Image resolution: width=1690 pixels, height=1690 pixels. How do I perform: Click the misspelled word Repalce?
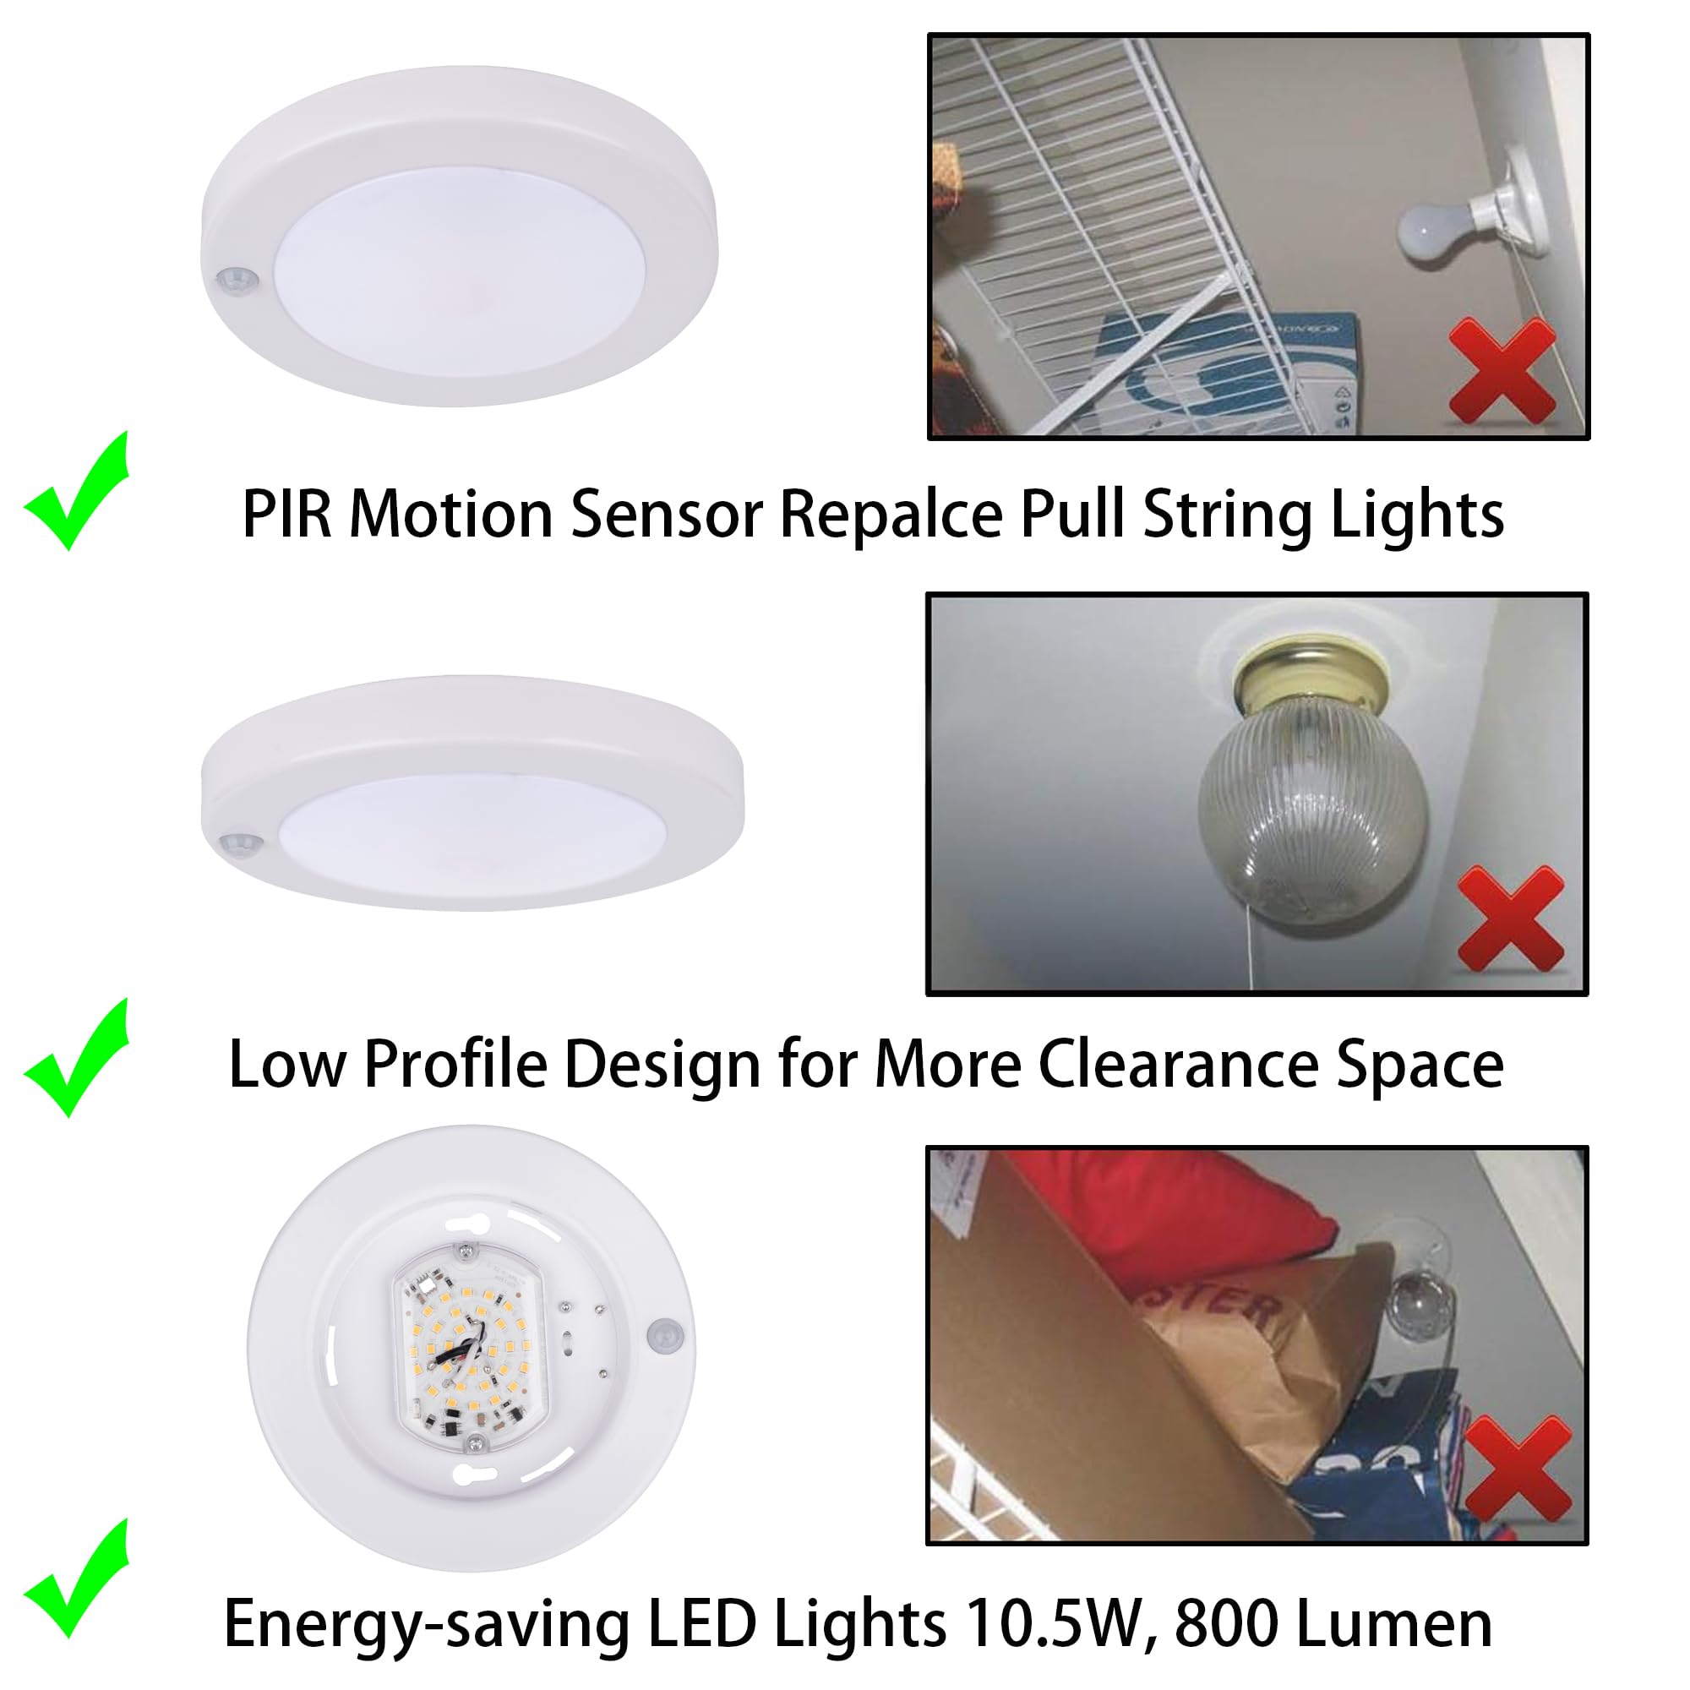(x=891, y=515)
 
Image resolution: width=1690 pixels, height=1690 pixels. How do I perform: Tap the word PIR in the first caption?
(x=287, y=515)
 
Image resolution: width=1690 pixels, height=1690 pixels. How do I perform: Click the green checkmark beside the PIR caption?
(x=77, y=492)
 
